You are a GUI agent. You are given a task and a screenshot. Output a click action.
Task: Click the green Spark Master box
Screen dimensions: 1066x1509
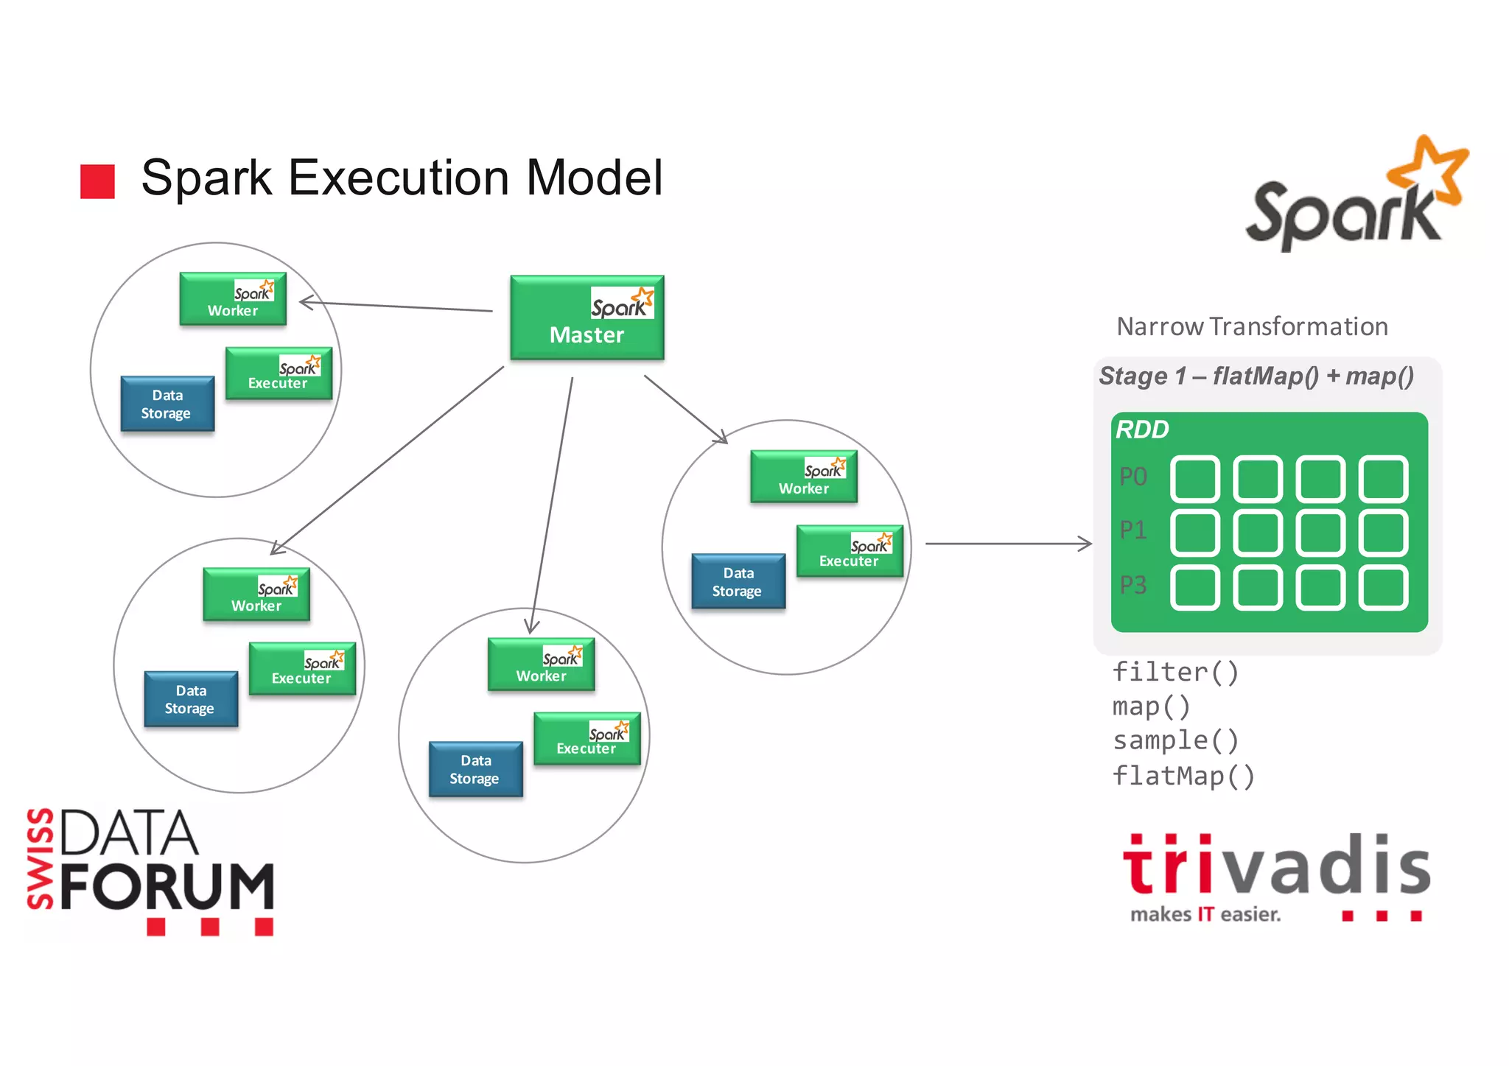pyautogui.click(x=587, y=318)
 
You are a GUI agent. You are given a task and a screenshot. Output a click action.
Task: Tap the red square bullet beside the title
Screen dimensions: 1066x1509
pyautogui.click(x=97, y=181)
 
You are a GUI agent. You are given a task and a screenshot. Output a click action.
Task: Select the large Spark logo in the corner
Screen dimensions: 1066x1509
pyautogui.click(x=1355, y=195)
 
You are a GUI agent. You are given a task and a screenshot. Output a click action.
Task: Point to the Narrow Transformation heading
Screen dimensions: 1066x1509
pyautogui.click(x=1252, y=326)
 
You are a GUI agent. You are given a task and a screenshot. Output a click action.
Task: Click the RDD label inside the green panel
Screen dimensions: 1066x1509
pyautogui.click(x=1142, y=429)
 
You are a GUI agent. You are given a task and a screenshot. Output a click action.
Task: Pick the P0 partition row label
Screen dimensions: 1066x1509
pyautogui.click(x=1133, y=477)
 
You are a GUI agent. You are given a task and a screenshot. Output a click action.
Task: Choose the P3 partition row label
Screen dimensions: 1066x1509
pyautogui.click(x=1133, y=586)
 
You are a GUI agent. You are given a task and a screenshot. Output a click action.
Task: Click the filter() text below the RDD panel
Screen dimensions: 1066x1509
pyautogui.click(x=1175, y=672)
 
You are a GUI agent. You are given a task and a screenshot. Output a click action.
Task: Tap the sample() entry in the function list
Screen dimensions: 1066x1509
pyautogui.click(x=1175, y=740)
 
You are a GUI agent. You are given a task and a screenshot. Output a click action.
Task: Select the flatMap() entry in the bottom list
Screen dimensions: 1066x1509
pyautogui.click(x=1183, y=776)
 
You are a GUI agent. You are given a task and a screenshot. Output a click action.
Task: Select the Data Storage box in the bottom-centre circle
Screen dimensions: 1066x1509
pyautogui.click(x=475, y=769)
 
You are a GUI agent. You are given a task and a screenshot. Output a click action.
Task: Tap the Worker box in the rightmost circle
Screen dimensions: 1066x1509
pyautogui.click(x=803, y=477)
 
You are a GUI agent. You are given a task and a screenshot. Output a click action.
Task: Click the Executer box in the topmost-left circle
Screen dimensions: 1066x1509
pyautogui.click(x=279, y=374)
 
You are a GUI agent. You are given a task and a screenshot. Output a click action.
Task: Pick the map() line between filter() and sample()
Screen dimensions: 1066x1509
pyautogui.click(x=1151, y=706)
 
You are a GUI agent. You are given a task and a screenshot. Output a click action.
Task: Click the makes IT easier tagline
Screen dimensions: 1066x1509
pyautogui.click(x=1205, y=915)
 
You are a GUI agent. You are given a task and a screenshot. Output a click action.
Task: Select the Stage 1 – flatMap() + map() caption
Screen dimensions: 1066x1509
pyautogui.click(x=1256, y=376)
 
